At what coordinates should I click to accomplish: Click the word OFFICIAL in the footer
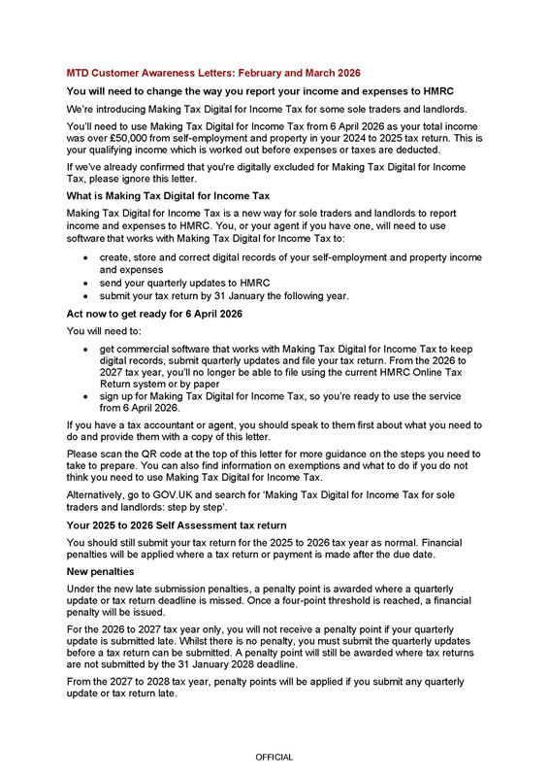point(274,756)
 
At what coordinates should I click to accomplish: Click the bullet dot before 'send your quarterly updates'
point(88,283)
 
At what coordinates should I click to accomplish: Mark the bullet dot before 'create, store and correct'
point(88,259)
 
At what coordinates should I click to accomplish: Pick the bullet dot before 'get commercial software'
point(88,347)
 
